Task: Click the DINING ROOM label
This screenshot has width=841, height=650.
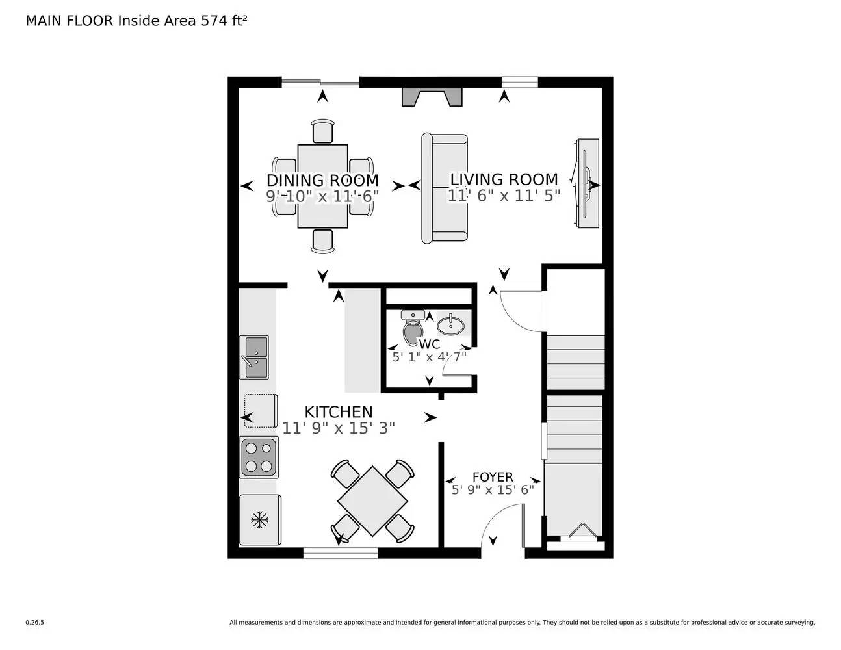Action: [322, 180]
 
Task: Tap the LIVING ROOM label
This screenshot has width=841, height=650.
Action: [504, 179]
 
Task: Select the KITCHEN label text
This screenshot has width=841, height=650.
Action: [339, 411]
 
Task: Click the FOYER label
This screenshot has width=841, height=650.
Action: [492, 477]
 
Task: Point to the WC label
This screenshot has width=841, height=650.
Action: [430, 344]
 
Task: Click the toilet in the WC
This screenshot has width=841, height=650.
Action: [412, 328]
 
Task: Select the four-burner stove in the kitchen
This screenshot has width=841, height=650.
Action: [259, 457]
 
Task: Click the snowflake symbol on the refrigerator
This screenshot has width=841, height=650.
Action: [260, 519]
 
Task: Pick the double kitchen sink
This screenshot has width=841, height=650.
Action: [254, 357]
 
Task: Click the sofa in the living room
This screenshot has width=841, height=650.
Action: [445, 188]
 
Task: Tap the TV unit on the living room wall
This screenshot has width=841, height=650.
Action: [586, 183]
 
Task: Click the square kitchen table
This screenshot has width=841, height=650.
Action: [372, 500]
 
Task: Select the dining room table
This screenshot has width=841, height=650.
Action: [322, 187]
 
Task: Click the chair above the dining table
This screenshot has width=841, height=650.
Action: [322, 131]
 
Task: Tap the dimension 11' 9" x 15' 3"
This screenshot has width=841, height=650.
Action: [339, 428]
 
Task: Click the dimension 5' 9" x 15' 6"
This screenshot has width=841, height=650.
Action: [493, 489]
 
